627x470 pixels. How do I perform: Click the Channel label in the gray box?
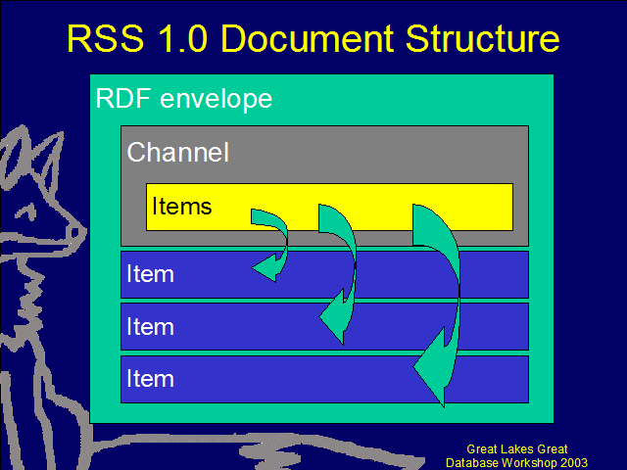coord(177,152)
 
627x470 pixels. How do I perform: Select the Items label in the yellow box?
coord(181,207)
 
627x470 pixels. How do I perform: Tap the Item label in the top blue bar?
coord(150,274)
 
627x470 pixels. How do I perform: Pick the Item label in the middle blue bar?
coord(150,326)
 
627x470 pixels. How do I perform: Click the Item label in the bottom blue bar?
coord(150,379)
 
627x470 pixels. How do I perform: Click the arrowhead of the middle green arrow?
coord(333,318)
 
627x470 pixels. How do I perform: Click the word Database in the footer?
coord(475,462)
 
